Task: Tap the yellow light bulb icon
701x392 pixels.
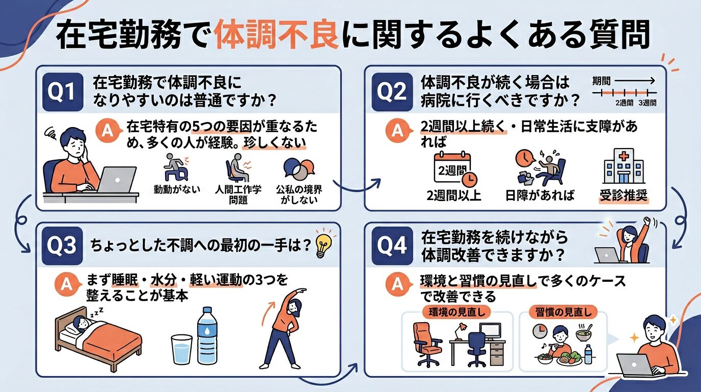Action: tap(323, 244)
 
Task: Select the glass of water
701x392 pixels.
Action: tap(182, 349)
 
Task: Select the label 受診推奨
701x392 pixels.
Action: tap(623, 195)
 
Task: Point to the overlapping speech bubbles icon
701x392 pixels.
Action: tap(299, 170)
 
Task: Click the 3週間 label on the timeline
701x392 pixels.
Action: tap(647, 103)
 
